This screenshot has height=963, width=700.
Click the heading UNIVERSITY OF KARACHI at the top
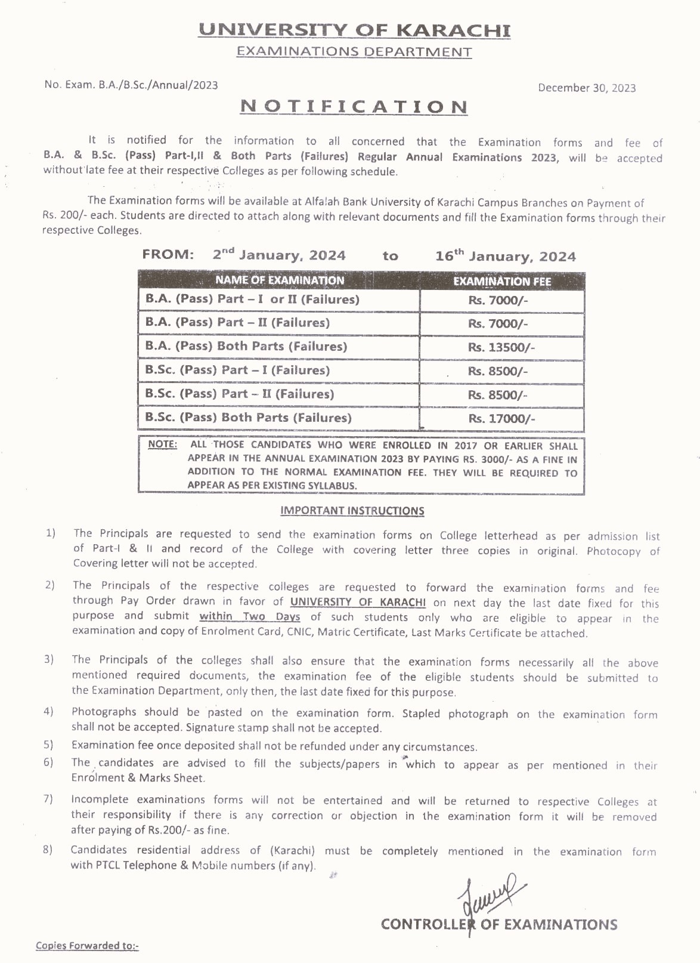tap(354, 30)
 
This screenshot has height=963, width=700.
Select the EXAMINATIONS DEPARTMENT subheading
tap(354, 52)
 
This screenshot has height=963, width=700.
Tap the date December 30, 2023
tap(587, 88)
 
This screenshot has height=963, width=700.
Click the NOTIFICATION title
tap(354, 107)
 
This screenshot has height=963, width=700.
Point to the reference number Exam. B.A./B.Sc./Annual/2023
tap(131, 85)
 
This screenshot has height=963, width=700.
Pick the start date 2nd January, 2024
tap(279, 255)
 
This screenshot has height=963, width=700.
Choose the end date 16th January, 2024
tap(506, 256)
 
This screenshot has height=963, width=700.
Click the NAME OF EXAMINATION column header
tap(280, 280)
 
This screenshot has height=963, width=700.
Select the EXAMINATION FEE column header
tap(502, 281)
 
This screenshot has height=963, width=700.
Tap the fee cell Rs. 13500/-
tap(501, 347)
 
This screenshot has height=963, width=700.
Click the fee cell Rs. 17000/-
tap(501, 419)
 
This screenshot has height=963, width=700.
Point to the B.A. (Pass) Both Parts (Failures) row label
tap(246, 346)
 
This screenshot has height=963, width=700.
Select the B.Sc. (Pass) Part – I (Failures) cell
tap(237, 370)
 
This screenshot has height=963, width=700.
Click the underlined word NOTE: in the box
tap(162, 445)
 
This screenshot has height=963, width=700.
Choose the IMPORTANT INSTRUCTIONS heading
tap(352, 511)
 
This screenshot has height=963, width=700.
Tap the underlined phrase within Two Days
tap(249, 616)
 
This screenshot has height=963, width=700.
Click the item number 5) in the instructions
tap(48, 745)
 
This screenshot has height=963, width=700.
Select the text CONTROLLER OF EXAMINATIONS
tap(499, 924)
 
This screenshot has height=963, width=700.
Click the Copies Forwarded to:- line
tap(87, 945)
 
